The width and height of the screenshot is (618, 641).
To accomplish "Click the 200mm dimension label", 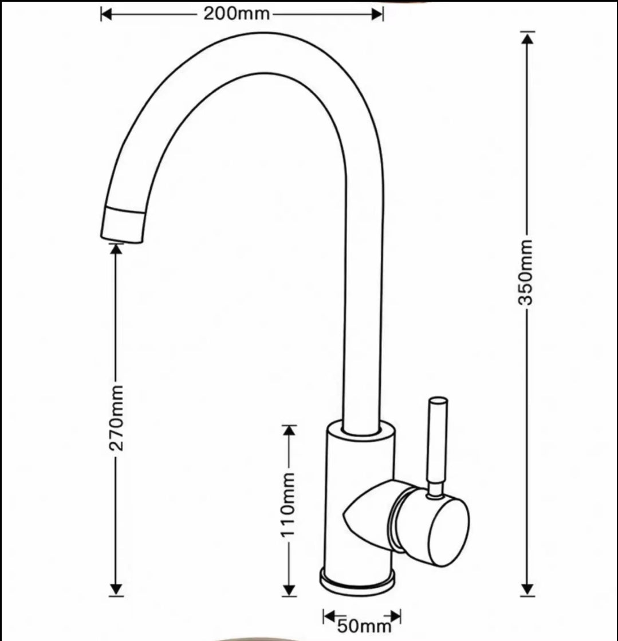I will coord(236,14).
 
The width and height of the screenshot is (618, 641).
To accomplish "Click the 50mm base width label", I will coord(361,626).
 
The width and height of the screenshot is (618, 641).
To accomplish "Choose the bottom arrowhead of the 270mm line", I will coord(116,590).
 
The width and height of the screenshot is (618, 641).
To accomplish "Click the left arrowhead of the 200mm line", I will coord(107,14).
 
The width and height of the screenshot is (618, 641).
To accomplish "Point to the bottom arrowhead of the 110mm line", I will coord(290,590).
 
